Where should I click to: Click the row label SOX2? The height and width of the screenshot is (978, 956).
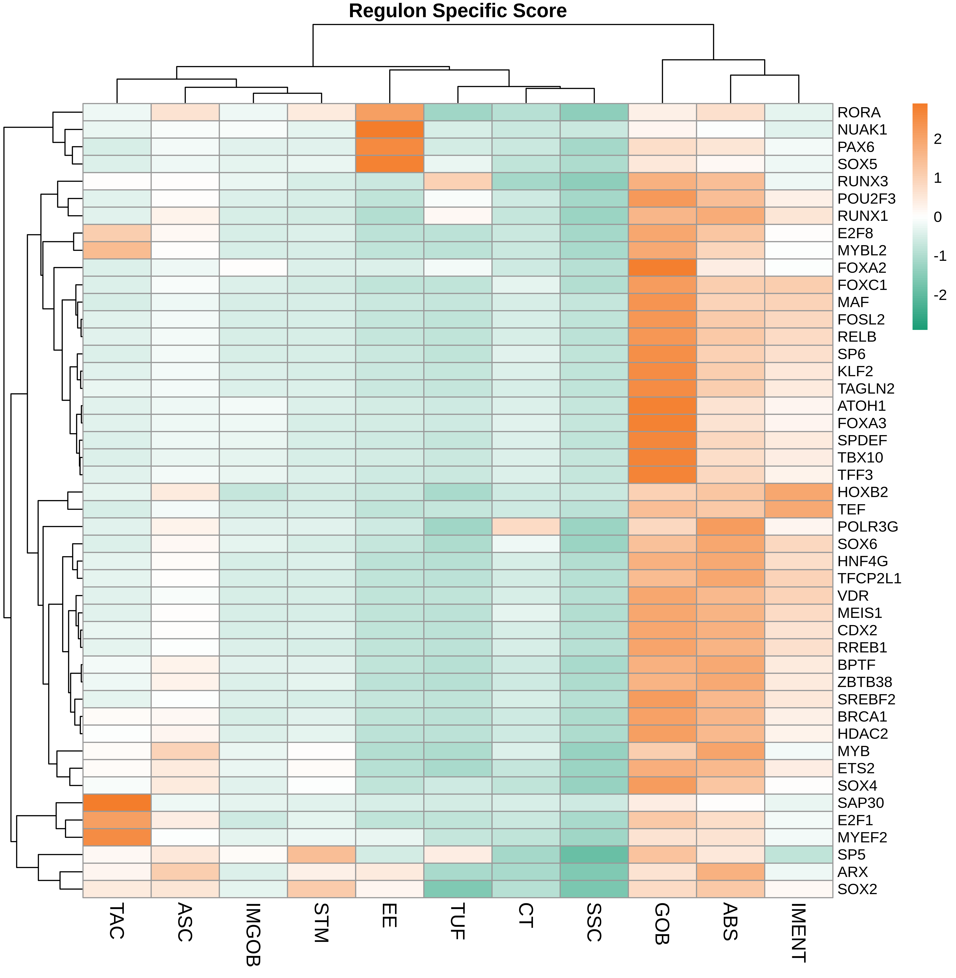click(857, 889)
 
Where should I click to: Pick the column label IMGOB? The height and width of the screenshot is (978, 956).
click(252, 934)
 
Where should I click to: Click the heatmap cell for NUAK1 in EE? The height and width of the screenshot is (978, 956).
click(390, 130)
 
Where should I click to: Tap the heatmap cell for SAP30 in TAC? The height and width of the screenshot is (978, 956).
click(117, 803)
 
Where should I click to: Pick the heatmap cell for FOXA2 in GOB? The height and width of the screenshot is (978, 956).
click(662, 268)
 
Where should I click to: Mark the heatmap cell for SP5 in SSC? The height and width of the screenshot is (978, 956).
click(594, 854)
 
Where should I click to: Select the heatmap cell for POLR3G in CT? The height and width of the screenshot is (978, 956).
click(526, 526)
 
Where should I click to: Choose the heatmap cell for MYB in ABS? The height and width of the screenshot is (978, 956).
click(730, 751)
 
